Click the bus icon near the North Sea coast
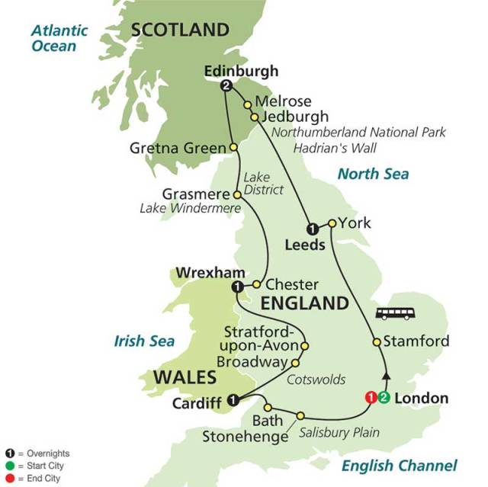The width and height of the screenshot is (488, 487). point(395,313)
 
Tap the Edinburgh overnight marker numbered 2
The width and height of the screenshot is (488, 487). point(226,87)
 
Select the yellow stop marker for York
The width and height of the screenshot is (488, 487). point(332,223)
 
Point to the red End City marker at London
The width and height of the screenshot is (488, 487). point(371,397)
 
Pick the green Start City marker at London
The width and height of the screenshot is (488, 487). point(384,397)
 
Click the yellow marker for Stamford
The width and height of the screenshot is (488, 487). point(376,342)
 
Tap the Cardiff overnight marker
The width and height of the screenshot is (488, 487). point(234,398)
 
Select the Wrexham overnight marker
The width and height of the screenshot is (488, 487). point(236,287)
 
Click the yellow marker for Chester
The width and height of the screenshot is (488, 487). point(257,284)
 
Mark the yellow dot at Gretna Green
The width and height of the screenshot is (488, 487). point(233,148)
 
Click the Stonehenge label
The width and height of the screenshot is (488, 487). point(245,437)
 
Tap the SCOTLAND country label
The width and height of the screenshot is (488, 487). point(181,30)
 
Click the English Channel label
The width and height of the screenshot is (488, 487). point(399,466)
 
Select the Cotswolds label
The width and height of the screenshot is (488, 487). point(315,379)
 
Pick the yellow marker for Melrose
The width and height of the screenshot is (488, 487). point(247,104)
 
